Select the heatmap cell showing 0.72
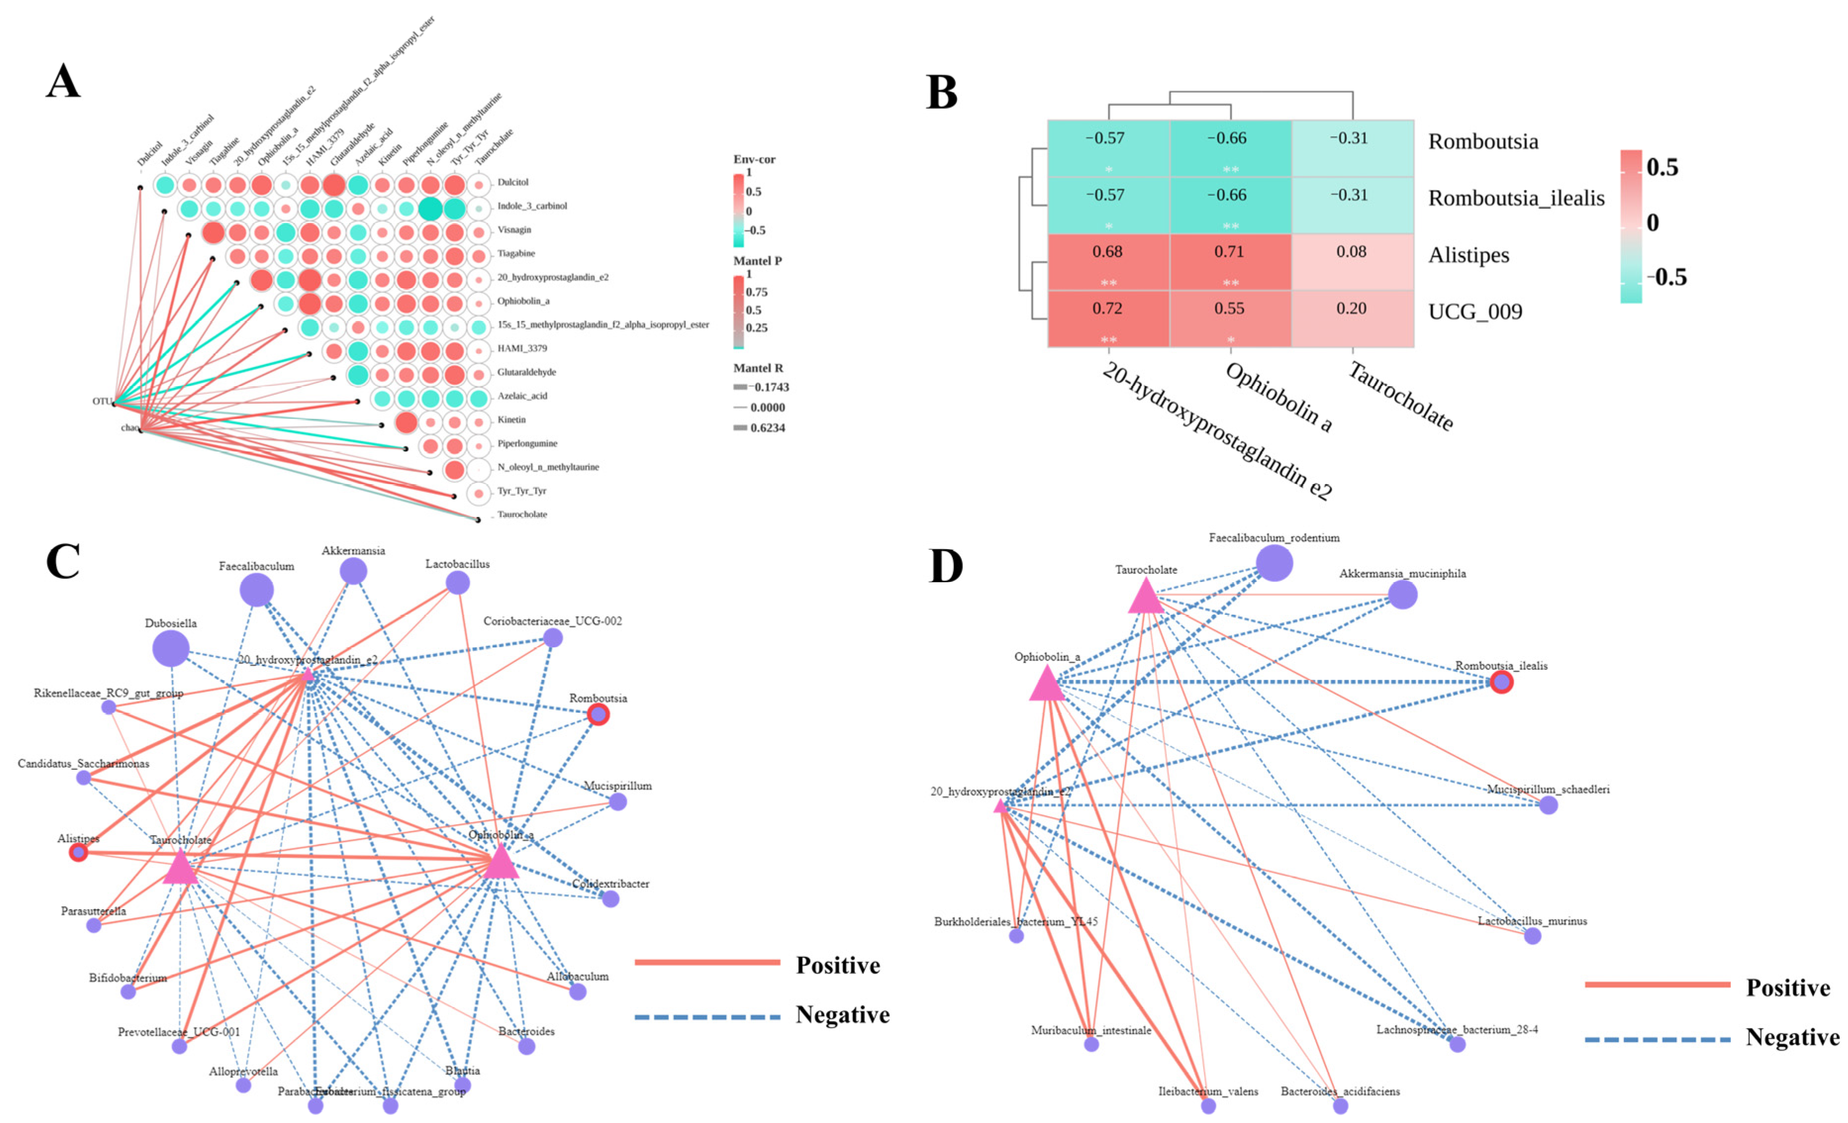tap(1108, 319)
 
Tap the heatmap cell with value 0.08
tap(1352, 262)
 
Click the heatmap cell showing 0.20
tap(1352, 319)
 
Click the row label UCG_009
tap(1474, 312)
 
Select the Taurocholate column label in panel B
tap(1401, 395)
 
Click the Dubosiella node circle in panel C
tap(171, 649)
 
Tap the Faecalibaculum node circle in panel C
tap(256, 591)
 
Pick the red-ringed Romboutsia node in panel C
tap(598, 714)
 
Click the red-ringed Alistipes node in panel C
tap(79, 852)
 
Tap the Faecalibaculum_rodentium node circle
tap(1274, 563)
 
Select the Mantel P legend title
tap(757, 261)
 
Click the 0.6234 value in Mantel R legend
tap(767, 428)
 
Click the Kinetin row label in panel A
tap(512, 420)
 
